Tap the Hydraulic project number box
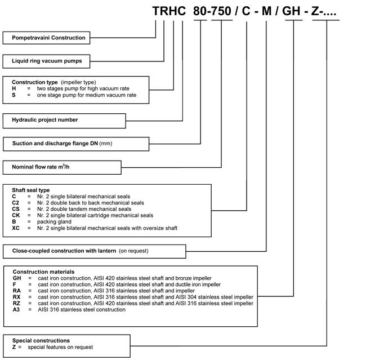[x=45, y=120]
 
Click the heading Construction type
[x=35, y=82]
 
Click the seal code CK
[x=16, y=215]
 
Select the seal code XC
[x=16, y=228]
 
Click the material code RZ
[x=17, y=303]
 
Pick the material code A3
[x=17, y=309]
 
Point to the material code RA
[x=17, y=291]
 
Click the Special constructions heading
[x=41, y=341]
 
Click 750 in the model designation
[x=222, y=11]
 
